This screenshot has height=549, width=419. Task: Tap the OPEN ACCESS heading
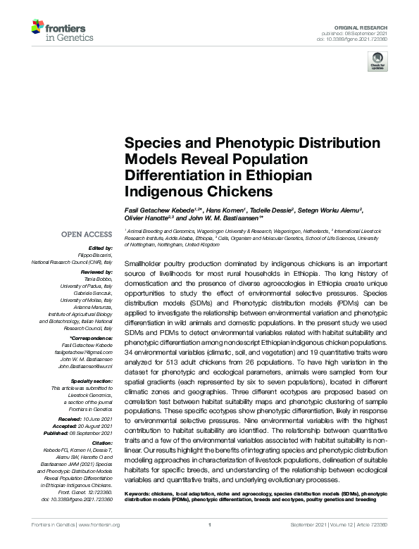pos(86,234)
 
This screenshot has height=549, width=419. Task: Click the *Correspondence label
pos(92,339)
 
